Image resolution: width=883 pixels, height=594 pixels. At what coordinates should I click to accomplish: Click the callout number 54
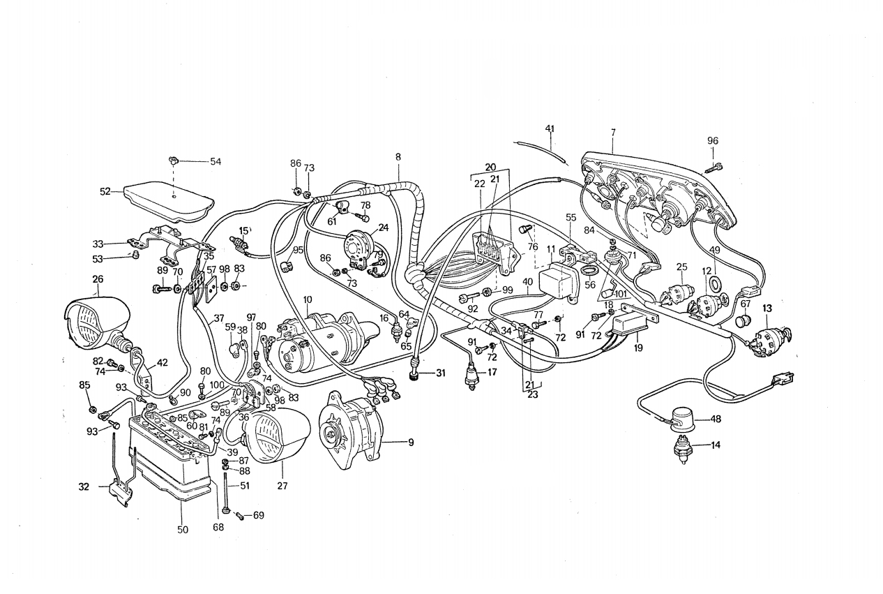(216, 161)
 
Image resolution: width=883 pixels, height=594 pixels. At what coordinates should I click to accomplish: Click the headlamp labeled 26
(97, 322)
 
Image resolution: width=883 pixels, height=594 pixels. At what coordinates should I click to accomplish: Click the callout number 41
(550, 128)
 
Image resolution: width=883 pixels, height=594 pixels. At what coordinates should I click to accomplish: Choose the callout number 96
(712, 140)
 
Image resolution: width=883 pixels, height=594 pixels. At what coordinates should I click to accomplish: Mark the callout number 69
(259, 516)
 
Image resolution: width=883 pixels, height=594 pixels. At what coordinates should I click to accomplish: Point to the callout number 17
(492, 372)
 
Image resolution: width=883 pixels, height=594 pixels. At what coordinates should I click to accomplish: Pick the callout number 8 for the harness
(398, 156)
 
